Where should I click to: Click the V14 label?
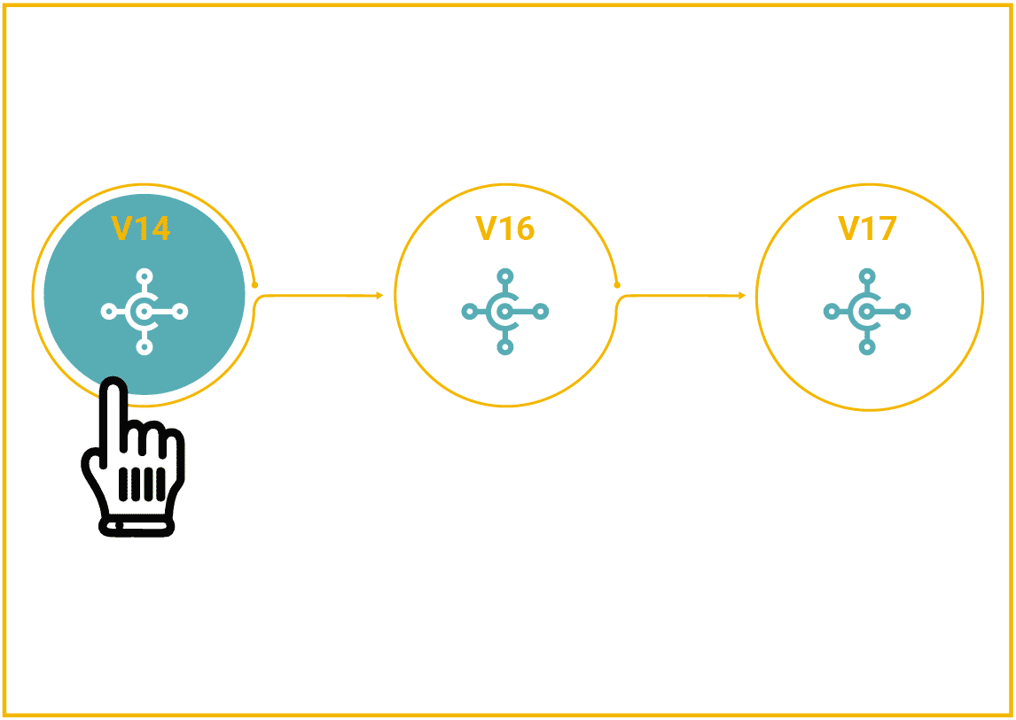point(141,228)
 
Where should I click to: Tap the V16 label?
point(504,228)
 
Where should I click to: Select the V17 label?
point(867,228)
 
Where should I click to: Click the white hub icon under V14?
point(145,312)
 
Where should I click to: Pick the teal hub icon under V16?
point(505,312)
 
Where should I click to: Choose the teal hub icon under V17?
point(868,312)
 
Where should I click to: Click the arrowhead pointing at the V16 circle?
point(379,296)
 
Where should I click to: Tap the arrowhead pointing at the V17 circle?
point(743,296)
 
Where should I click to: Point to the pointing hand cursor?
point(133,456)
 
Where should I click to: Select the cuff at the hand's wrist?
point(137,528)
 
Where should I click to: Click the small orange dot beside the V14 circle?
point(254,285)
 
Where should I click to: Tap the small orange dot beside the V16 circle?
point(617,285)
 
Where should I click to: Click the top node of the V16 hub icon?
point(505,276)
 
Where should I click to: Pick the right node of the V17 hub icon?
point(903,312)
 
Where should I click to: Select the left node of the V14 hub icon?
point(110,312)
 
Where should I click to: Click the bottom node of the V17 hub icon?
point(868,347)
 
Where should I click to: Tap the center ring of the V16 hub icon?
point(505,312)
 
